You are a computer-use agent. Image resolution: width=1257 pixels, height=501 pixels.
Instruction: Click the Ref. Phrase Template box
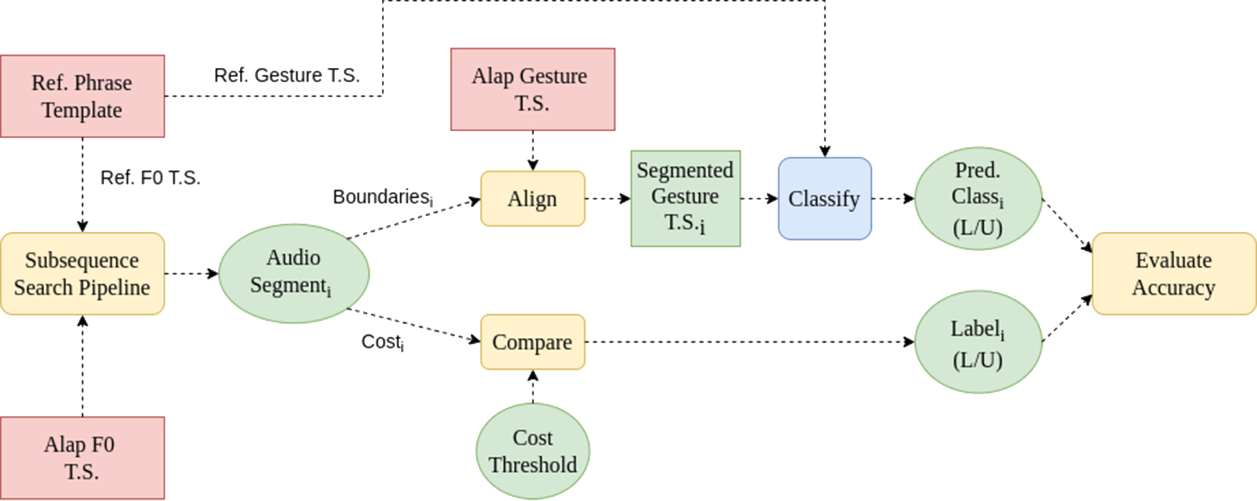coord(82,96)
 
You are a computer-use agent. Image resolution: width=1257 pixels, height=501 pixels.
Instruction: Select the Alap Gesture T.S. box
coord(532,89)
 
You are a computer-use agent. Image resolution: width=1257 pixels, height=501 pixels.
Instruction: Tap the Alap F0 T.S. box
coord(82,457)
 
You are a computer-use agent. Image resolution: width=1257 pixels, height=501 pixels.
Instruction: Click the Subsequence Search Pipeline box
coord(82,273)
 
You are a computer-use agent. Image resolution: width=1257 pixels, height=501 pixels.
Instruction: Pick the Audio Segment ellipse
coord(293,273)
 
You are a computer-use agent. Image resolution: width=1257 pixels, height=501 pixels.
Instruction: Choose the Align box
coord(532,198)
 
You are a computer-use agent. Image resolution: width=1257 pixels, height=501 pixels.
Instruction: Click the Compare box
coord(532,342)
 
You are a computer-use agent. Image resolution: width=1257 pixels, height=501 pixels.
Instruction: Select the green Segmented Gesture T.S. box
coord(685,198)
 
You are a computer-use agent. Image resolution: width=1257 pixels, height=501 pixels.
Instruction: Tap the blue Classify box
coord(824,198)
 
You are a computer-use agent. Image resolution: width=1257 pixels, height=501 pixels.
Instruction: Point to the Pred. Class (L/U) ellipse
coord(978,198)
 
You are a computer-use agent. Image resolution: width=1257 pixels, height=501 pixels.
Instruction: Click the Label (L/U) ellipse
coord(978,342)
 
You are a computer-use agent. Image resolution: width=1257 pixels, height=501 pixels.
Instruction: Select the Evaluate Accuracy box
coord(1173,273)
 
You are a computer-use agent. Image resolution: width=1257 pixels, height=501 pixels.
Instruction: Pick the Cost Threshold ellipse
coord(532,451)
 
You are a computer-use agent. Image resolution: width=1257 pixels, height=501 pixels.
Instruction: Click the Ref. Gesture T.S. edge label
coord(287,75)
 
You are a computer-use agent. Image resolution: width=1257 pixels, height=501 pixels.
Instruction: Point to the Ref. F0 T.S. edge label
coord(150,177)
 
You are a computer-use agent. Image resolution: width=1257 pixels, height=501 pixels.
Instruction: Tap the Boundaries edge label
coord(383,197)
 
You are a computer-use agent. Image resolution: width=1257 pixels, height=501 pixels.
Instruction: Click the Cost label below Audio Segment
coord(383,341)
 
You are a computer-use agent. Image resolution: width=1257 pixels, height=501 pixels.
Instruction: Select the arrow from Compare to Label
coord(747,342)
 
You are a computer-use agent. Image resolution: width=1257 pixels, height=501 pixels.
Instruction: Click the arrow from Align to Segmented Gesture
coord(607,198)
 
